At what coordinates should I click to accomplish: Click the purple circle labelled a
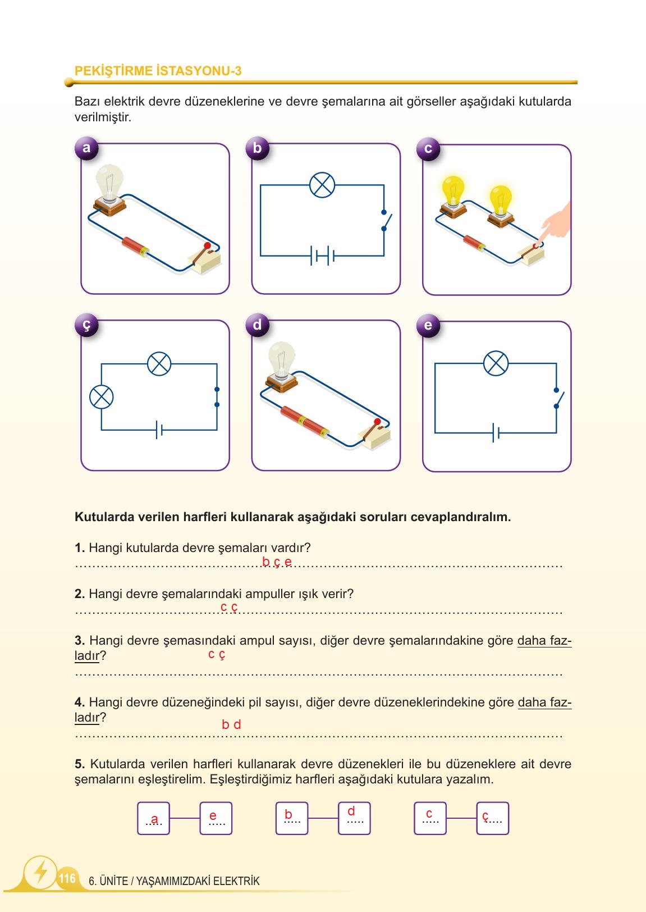(86, 148)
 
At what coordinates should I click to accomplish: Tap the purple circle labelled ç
(86, 325)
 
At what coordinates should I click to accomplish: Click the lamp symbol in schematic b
(322, 185)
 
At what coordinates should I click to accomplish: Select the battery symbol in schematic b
(322, 257)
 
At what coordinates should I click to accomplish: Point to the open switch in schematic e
(558, 399)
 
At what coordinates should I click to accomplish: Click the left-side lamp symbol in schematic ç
(102, 397)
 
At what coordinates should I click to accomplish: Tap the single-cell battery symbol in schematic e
(495, 433)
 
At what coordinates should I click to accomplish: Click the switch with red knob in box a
(204, 256)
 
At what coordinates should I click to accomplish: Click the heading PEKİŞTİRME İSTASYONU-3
(158, 71)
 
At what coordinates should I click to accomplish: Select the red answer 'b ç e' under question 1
(277, 562)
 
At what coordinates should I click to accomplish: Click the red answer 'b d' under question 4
(231, 724)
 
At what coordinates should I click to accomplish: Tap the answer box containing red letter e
(216, 818)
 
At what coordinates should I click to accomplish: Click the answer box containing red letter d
(354, 818)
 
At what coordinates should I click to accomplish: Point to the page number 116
(67, 878)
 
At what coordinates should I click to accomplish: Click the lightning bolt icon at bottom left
(40, 872)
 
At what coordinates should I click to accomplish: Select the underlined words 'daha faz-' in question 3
(544, 641)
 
